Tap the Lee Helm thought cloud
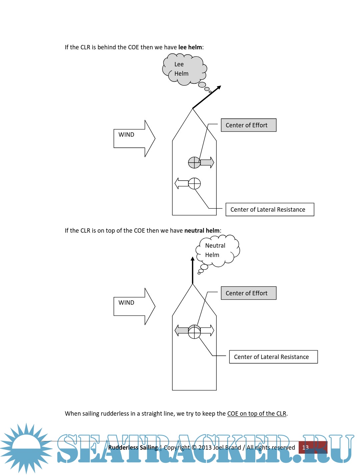tap(183, 69)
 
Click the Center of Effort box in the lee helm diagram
tap(248, 125)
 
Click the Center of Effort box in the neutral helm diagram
tap(248, 293)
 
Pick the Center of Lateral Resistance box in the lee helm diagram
tap(270, 210)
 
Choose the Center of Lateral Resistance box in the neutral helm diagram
tap(273, 357)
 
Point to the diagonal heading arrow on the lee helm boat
tap(207, 97)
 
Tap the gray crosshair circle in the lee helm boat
tap(194, 163)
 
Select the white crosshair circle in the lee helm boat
tap(195, 183)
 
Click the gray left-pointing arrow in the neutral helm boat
tap(181, 331)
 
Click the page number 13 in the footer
tap(305, 448)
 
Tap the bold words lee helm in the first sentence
tap(190, 47)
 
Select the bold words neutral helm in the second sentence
tap(202, 231)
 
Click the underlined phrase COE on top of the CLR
tap(257, 414)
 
